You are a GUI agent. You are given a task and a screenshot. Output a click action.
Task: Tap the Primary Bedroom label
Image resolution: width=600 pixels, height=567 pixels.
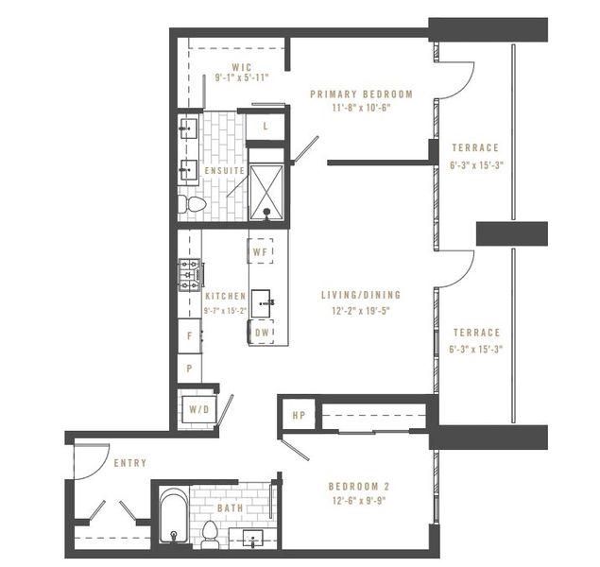click(x=362, y=94)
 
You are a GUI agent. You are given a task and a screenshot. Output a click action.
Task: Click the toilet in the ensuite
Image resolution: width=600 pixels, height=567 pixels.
click(x=193, y=203)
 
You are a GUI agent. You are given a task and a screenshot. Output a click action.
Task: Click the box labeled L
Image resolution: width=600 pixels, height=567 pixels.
click(x=265, y=125)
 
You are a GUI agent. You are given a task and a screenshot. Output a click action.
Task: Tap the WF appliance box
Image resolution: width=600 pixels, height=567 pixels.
click(x=262, y=253)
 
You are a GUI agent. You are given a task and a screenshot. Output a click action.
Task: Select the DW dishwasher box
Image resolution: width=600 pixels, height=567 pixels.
click(x=262, y=332)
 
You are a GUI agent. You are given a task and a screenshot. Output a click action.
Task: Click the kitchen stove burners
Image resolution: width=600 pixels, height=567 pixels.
click(x=188, y=275)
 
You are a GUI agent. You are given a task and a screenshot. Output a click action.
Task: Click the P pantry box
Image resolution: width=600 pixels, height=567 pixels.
click(x=190, y=369)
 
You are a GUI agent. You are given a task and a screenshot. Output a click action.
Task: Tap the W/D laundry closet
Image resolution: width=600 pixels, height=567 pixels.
click(x=199, y=410)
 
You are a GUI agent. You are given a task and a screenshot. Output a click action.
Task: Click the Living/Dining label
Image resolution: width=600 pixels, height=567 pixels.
click(x=361, y=294)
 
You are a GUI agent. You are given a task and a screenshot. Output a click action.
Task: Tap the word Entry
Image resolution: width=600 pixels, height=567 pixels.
click(x=129, y=464)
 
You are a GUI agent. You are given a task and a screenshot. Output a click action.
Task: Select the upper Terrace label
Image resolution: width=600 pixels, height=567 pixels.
click(x=475, y=147)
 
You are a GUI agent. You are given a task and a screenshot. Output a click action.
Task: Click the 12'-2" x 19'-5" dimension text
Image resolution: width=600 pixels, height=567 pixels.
click(x=361, y=309)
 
